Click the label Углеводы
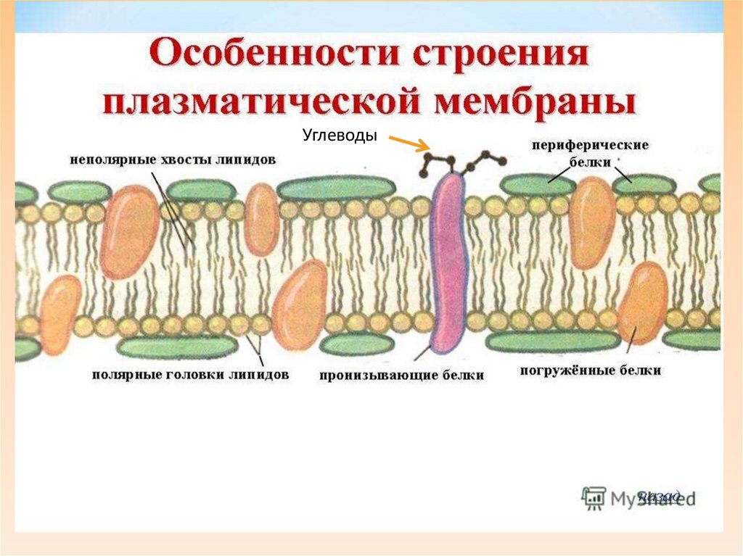(x=340, y=136)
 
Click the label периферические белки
(x=589, y=153)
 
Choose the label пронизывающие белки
(x=401, y=375)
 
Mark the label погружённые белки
(x=590, y=370)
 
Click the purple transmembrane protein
(x=451, y=261)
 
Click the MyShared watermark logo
(x=638, y=497)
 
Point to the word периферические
(x=589, y=145)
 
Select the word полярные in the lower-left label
(x=119, y=375)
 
